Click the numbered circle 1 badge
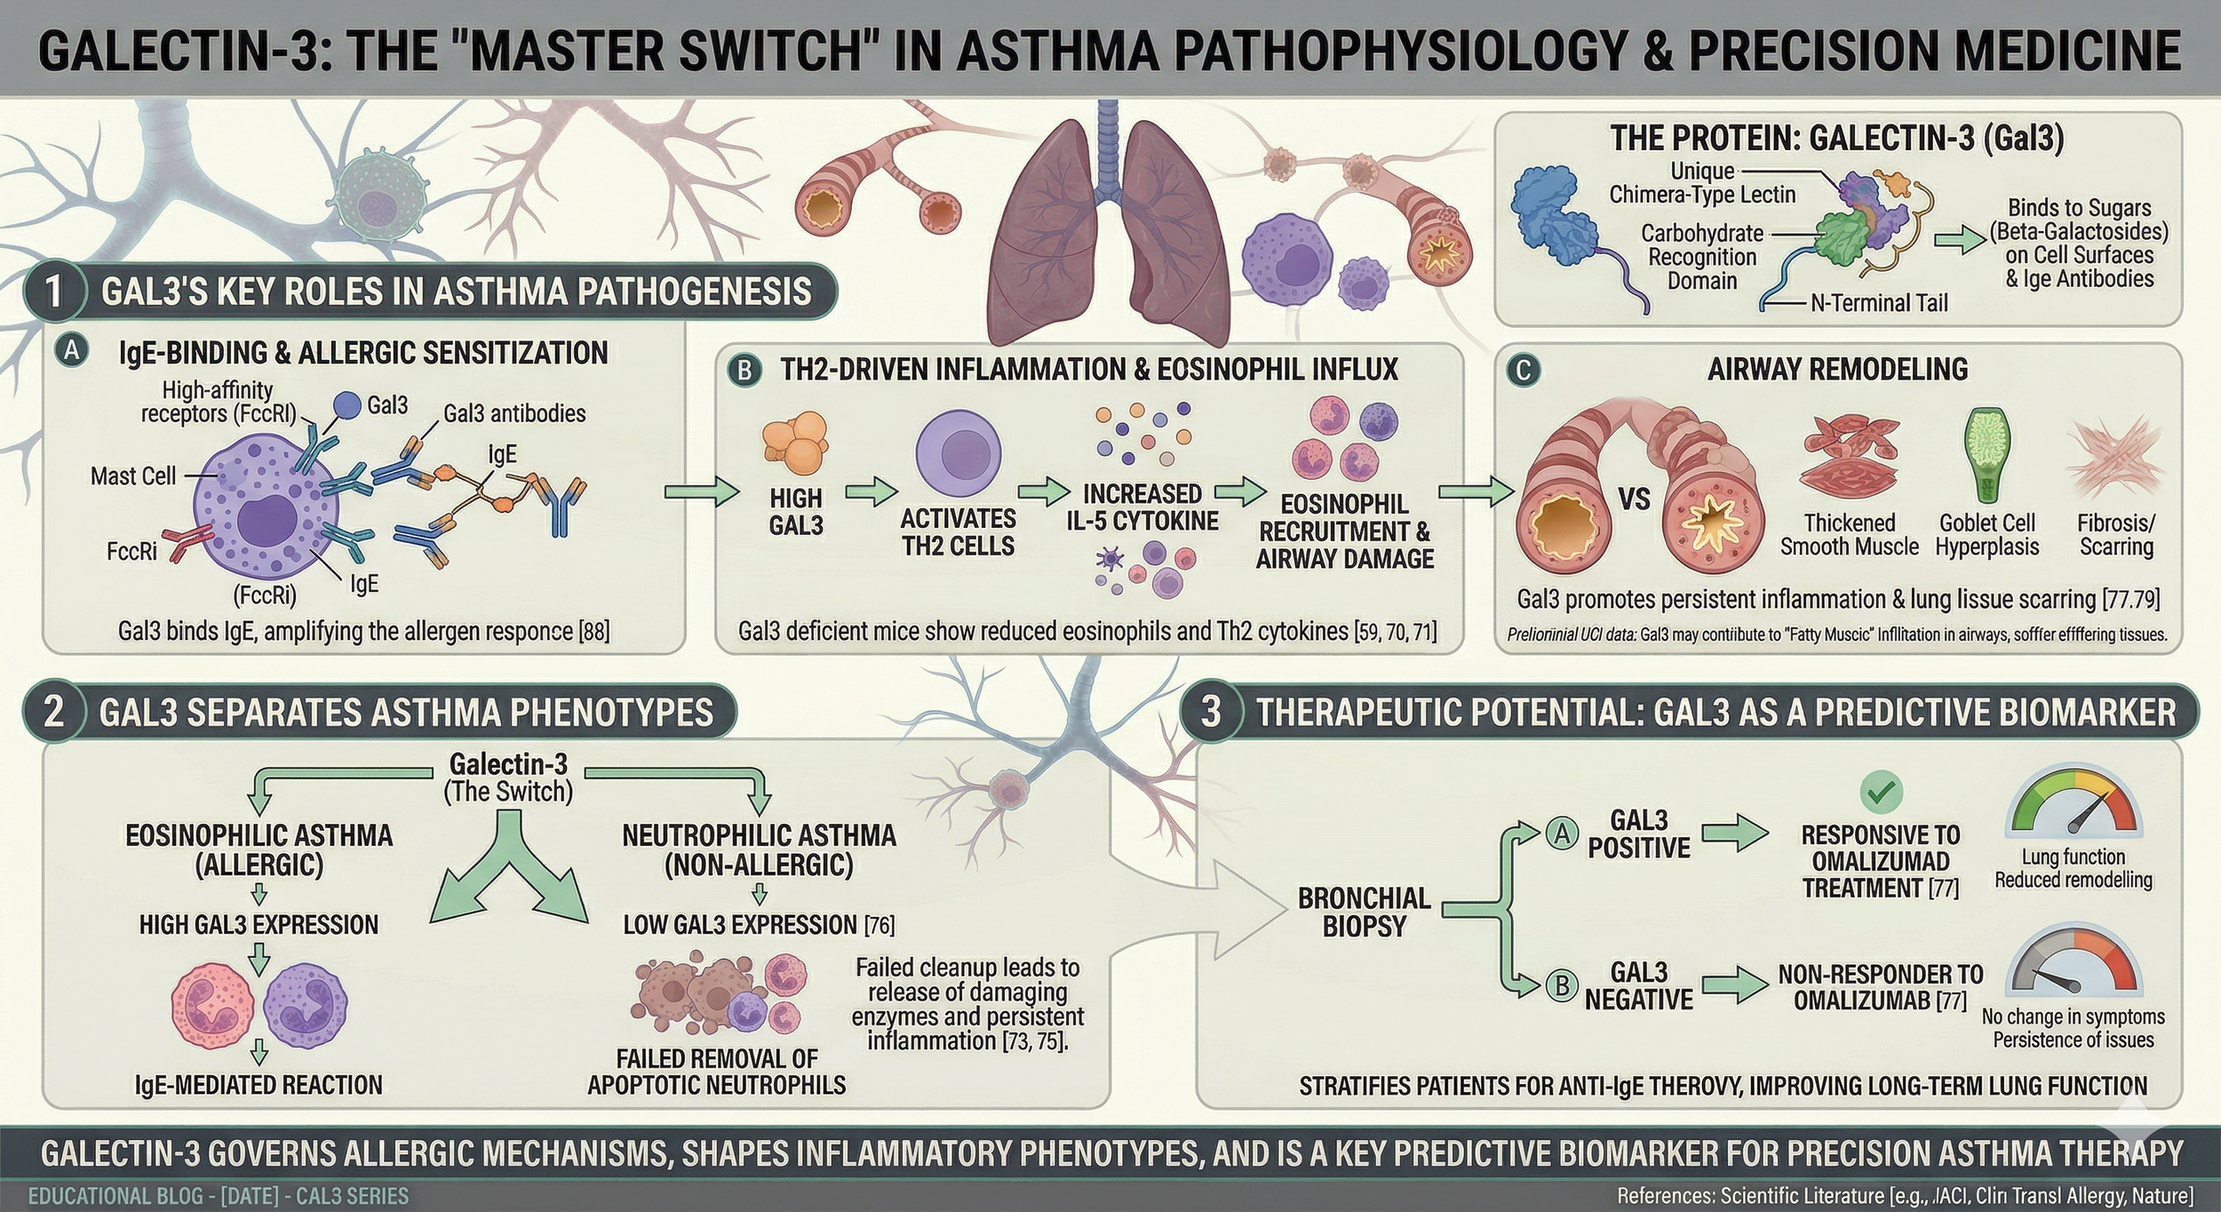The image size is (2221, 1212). [53, 291]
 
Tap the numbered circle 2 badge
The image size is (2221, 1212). [53, 712]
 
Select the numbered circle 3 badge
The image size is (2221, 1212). [1210, 712]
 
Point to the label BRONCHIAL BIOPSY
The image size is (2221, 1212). [1364, 912]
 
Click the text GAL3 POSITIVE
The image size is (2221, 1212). [1638, 833]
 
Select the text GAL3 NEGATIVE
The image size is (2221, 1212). [1638, 985]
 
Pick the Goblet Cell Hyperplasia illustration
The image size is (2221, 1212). [1986, 455]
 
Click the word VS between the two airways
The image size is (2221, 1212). [1634, 498]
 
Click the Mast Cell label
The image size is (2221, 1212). [133, 476]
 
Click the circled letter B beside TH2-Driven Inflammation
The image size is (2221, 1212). [744, 370]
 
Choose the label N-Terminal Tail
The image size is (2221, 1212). [1878, 303]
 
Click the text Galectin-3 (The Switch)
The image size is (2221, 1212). [508, 777]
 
